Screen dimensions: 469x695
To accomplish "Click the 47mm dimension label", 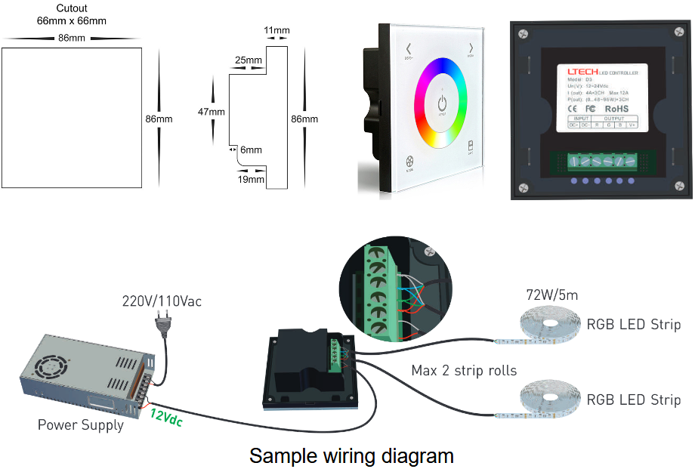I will pos(212,112).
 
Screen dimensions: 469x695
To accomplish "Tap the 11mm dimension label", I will pos(277,31).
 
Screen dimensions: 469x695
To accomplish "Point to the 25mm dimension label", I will pos(249,60).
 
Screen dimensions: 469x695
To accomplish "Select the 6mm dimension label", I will pos(251,150).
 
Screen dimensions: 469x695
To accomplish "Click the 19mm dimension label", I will pos(250,180).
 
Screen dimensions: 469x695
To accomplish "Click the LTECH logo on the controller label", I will pos(582,71).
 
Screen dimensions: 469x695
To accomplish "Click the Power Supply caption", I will pos(81,425).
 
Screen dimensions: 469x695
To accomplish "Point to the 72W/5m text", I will pos(551,295).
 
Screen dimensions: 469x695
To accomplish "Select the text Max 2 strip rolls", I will pos(464,371).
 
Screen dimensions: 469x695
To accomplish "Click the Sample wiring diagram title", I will pos(351,456).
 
